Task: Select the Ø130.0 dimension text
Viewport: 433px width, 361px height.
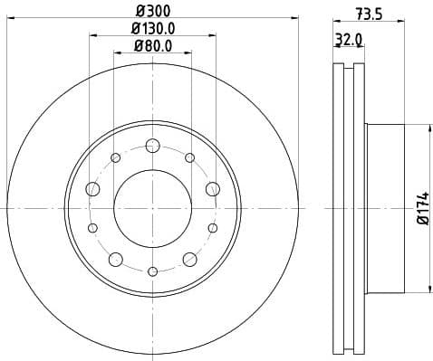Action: click(x=152, y=29)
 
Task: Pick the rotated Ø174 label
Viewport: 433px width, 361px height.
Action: click(x=422, y=207)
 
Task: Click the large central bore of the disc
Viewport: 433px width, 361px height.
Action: click(x=152, y=207)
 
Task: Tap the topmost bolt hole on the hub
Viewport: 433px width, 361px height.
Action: click(x=152, y=145)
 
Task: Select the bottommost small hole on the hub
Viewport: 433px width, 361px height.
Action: click(x=152, y=271)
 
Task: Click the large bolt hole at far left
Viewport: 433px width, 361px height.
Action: click(x=92, y=188)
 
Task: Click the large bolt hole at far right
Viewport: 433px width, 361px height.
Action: click(x=212, y=188)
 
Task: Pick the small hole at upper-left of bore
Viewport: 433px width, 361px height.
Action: click(x=115, y=157)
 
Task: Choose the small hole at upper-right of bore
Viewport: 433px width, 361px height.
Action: click(x=189, y=157)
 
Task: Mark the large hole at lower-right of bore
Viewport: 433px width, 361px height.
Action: click(x=189, y=259)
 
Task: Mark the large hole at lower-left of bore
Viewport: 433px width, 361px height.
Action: click(x=115, y=259)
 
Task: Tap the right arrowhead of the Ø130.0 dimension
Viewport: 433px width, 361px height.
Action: click(x=212, y=36)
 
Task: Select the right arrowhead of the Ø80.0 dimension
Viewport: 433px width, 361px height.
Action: click(x=188, y=53)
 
